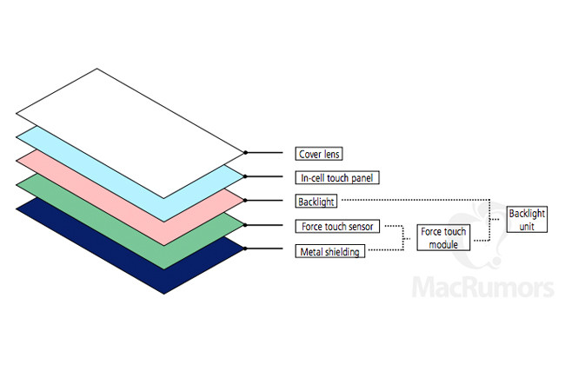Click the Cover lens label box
point(318,154)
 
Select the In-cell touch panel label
point(337,177)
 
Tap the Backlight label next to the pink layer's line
point(316,202)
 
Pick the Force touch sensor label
point(337,226)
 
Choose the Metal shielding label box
point(329,251)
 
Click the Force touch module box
point(443,237)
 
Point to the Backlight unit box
point(527,219)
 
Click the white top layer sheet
point(130,133)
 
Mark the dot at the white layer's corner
point(245,153)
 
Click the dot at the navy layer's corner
point(245,249)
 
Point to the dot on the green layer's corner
point(245,225)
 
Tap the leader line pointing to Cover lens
point(264,153)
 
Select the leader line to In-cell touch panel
point(264,176)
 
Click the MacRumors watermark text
point(482,288)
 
